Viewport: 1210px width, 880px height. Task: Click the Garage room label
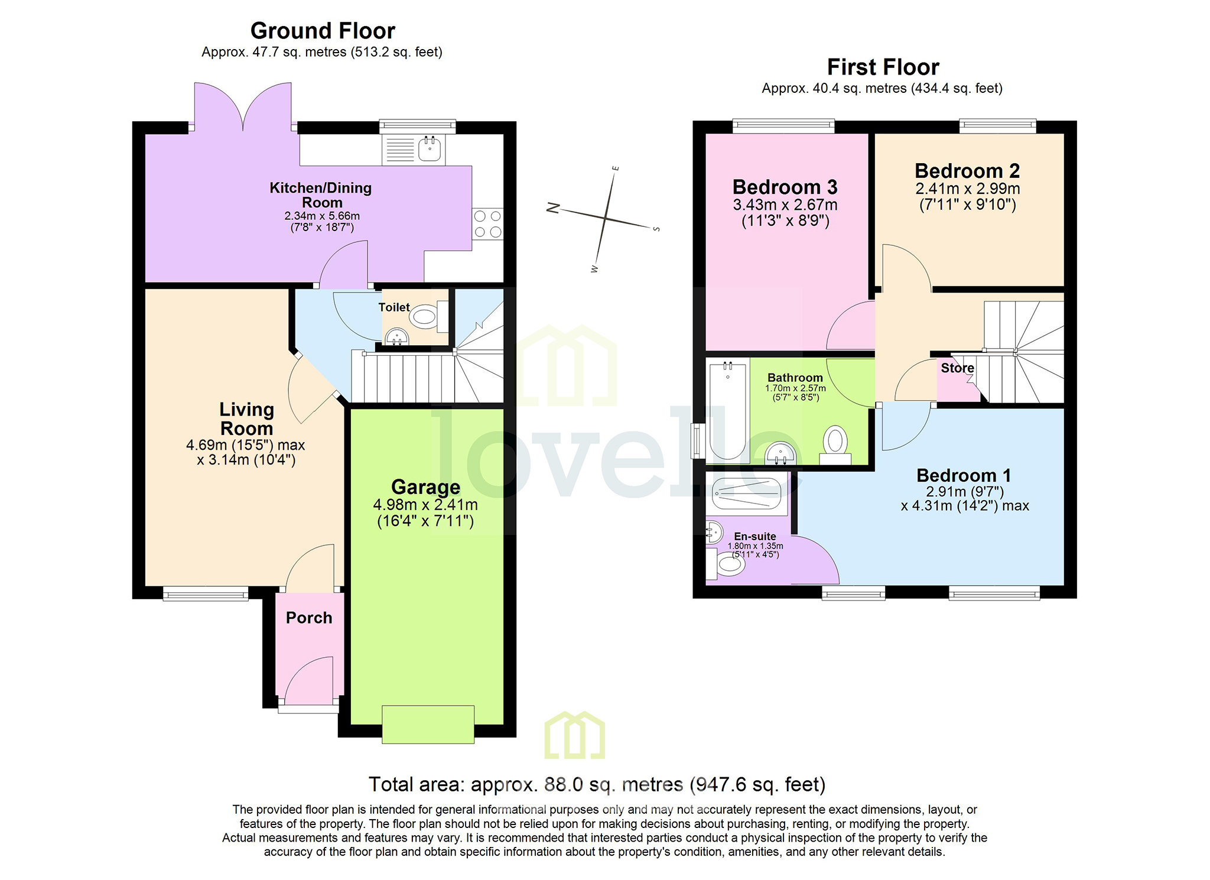coord(425,487)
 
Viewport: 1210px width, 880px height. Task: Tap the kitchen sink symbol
coord(430,149)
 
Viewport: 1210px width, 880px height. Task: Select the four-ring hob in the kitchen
coord(487,224)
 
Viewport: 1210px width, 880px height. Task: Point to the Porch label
coord(309,618)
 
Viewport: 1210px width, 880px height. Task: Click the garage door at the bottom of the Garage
coord(428,724)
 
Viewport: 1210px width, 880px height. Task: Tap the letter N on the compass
coord(553,207)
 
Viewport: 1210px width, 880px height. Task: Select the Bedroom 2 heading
coord(967,171)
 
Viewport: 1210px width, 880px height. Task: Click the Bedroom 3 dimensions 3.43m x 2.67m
coord(785,205)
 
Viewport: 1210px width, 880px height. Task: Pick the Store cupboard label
coord(957,368)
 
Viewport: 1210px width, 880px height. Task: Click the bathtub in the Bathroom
coord(728,411)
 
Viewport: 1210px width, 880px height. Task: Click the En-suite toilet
coord(728,563)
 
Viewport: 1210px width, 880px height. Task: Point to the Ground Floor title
coord(323,31)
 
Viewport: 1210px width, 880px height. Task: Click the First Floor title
coord(883,67)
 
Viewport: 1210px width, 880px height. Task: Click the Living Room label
coord(246,418)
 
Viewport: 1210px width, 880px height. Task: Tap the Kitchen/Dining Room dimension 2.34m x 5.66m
coord(322,216)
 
